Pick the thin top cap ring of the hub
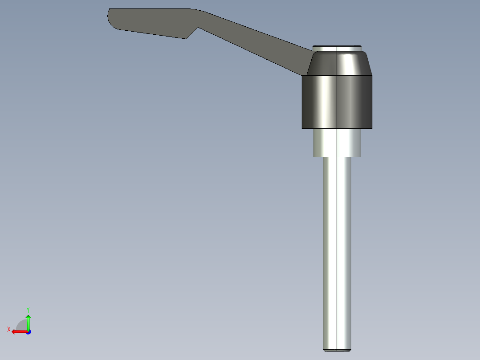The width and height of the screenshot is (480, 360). tap(337, 48)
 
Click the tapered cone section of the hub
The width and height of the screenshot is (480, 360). tap(338, 64)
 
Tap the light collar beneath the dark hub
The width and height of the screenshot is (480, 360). tap(337, 143)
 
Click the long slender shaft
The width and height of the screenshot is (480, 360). tap(329, 250)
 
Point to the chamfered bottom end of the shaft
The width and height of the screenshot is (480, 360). tap(337, 350)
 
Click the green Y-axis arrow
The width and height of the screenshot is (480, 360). tap(28, 320)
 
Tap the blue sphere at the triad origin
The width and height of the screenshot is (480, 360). tap(28, 332)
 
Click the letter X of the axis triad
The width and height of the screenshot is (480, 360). tap(8, 329)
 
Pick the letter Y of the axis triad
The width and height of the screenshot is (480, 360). tap(28, 309)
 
